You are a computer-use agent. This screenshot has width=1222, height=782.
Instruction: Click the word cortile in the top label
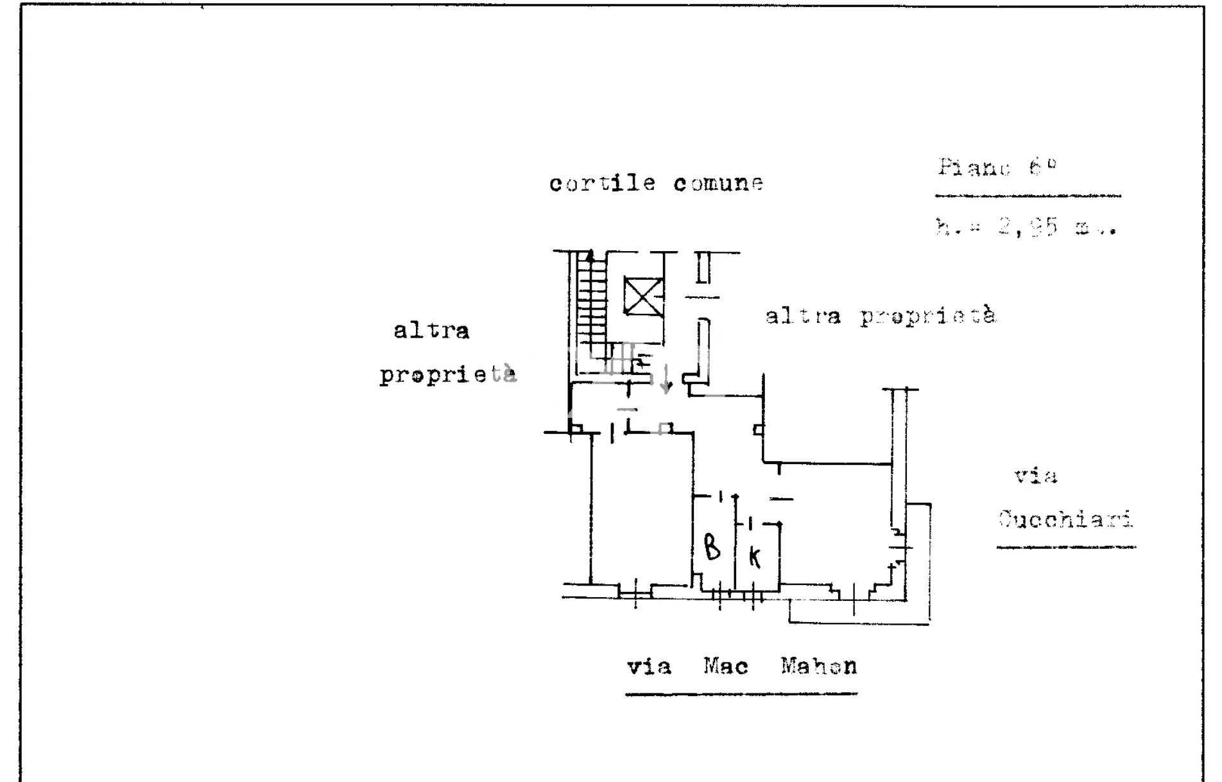(x=602, y=184)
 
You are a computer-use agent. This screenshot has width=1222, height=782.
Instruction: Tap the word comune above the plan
(x=718, y=184)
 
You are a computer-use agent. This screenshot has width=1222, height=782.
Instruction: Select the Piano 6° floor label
(x=996, y=167)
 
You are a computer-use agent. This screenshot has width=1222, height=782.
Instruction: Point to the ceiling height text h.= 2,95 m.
(x=1026, y=227)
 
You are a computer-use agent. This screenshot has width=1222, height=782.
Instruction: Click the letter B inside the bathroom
(x=712, y=547)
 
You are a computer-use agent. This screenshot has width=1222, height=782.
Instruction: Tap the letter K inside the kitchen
(x=755, y=557)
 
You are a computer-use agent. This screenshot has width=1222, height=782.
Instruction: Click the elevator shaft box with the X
(x=644, y=296)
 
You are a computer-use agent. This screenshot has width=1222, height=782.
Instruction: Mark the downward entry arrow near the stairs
(x=666, y=379)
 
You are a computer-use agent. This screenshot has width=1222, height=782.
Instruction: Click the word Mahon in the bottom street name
(x=819, y=666)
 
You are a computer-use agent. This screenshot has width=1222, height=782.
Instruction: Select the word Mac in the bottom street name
(x=726, y=666)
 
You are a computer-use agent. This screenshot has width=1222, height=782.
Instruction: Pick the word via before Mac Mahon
(x=649, y=666)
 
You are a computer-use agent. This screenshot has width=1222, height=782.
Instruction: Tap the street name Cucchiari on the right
(x=1065, y=519)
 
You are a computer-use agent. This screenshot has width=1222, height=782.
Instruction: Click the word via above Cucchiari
(x=1036, y=476)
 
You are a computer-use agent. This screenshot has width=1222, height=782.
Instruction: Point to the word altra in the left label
(x=431, y=331)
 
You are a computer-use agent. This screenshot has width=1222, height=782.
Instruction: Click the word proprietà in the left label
(x=447, y=374)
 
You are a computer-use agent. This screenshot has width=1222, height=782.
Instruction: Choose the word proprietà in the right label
(x=927, y=316)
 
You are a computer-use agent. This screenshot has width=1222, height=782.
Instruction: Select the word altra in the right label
(x=803, y=316)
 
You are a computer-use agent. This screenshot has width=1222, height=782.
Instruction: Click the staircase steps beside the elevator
(x=592, y=308)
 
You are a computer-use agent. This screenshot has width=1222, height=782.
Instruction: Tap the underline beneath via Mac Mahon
(x=741, y=693)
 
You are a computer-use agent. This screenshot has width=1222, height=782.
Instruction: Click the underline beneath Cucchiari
(x=1066, y=548)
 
